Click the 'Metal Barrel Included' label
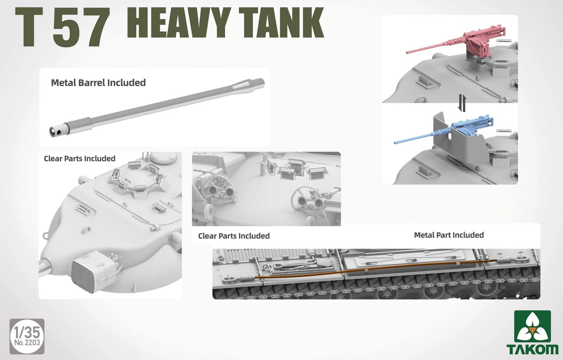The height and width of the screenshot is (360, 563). point(98,82)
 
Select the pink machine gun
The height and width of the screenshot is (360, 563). point(453,44)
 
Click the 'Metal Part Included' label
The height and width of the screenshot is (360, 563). point(449,235)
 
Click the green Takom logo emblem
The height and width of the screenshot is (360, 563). point(532,327)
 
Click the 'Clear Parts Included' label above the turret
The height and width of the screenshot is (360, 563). point(80,159)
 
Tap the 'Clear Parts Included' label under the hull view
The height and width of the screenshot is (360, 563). point(234,236)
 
